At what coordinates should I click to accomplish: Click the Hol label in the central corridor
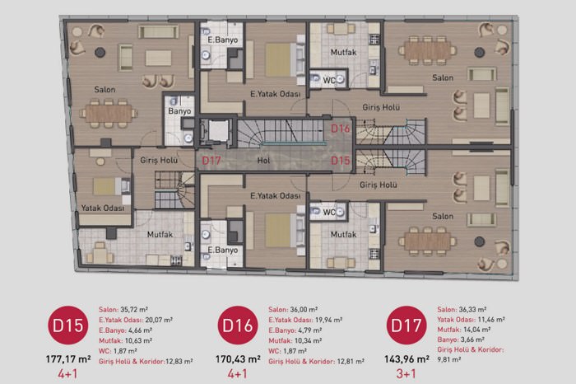(263, 161)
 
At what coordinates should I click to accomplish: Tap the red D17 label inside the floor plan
(211, 161)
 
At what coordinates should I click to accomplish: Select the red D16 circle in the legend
(238, 325)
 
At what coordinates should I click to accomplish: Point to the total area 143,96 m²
(406, 359)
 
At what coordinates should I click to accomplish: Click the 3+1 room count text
(406, 374)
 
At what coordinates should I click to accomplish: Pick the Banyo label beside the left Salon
(179, 111)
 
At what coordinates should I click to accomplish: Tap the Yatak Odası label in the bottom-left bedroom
(103, 208)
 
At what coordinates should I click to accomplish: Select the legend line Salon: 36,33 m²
(462, 310)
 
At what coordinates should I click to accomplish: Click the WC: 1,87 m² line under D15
(118, 351)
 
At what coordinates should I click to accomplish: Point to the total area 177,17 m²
(68, 359)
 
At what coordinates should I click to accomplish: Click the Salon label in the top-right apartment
(443, 77)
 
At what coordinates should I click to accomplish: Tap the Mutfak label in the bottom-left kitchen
(160, 234)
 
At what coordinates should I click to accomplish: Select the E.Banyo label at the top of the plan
(223, 40)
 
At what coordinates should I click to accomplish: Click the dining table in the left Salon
(109, 114)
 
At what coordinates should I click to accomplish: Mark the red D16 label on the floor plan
(341, 129)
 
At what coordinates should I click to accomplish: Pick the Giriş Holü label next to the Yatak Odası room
(159, 161)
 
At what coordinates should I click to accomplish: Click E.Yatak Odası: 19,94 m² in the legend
(305, 320)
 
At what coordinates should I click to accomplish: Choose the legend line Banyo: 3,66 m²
(461, 340)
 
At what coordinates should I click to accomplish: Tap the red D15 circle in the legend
(68, 325)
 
